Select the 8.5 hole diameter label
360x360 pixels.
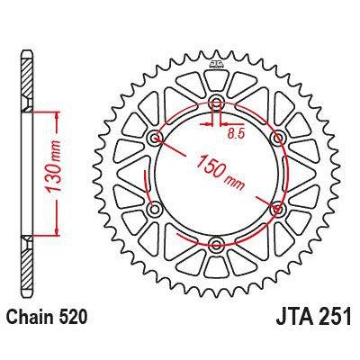235,133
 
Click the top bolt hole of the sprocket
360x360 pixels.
217,104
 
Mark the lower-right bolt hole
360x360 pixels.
277,209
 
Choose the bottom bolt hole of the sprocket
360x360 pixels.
217,244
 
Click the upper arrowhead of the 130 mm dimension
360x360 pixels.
58,115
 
